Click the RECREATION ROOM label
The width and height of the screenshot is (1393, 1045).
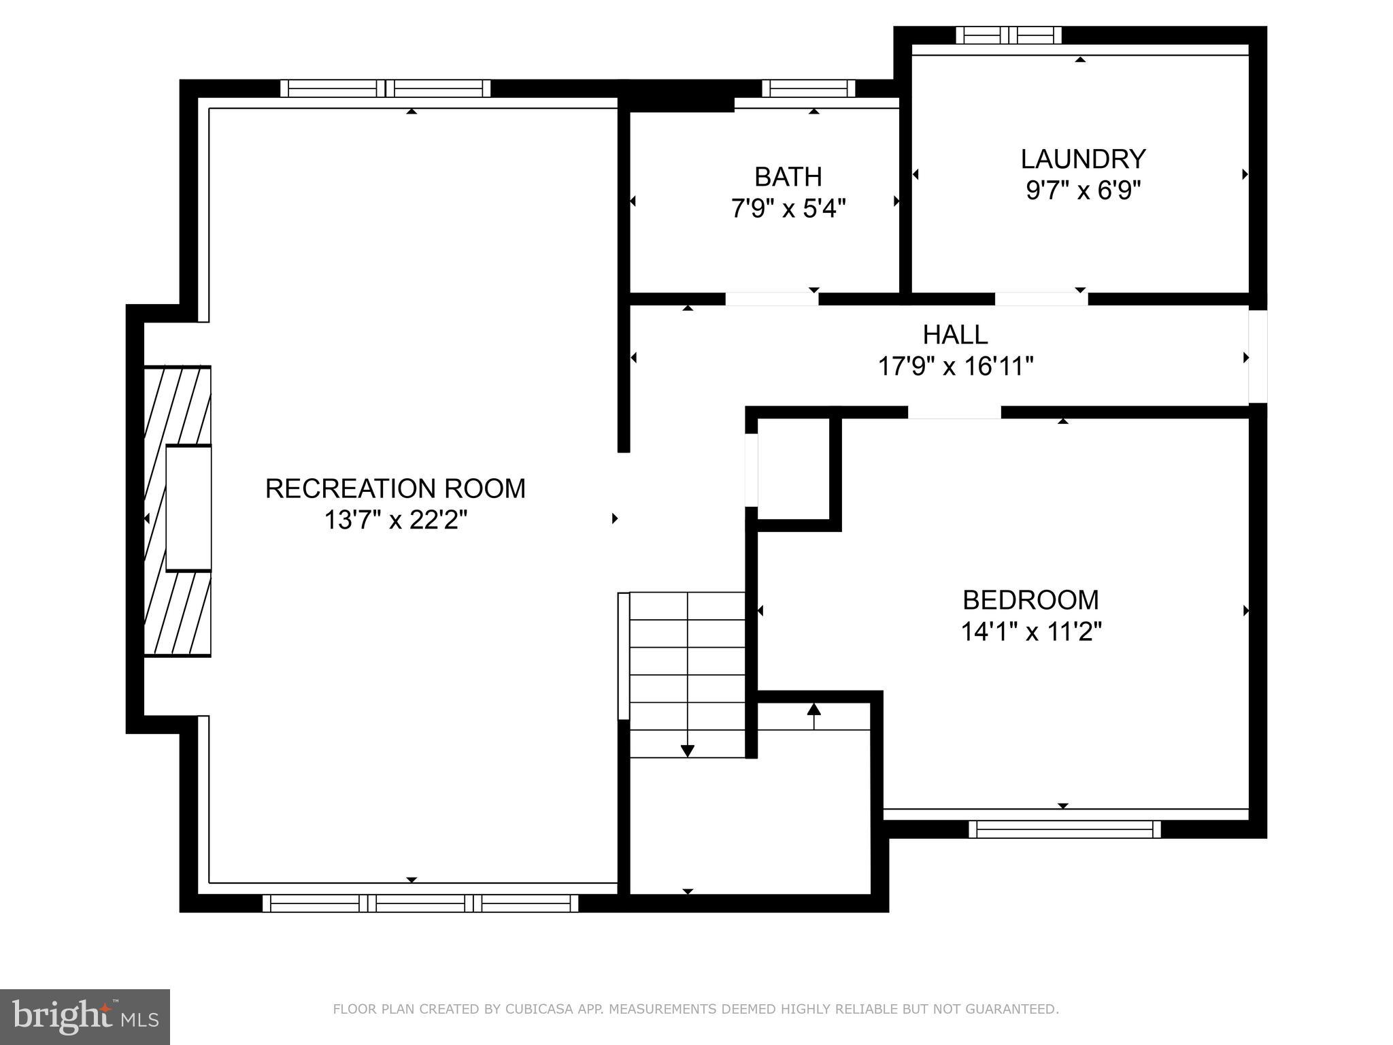[395, 488]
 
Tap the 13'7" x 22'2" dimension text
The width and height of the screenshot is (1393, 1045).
[395, 520]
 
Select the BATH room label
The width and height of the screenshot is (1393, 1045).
[788, 177]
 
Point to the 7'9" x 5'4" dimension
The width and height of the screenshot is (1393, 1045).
[788, 208]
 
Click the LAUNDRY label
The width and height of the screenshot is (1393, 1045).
[1083, 159]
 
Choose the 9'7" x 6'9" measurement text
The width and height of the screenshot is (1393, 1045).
[1083, 190]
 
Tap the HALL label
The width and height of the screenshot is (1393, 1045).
[955, 335]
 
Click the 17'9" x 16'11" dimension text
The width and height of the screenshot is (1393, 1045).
[955, 367]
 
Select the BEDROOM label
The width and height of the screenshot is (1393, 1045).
[1030, 600]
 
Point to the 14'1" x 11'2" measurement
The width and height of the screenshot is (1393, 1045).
[1030, 632]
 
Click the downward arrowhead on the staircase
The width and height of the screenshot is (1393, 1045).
[687, 750]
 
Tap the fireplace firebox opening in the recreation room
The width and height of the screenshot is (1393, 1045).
[188, 508]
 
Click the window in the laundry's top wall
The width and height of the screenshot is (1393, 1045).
[1009, 35]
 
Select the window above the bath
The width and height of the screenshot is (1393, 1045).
[808, 88]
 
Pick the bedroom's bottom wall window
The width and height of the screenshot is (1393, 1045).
[1064, 829]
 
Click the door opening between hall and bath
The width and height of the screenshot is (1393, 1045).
[771, 299]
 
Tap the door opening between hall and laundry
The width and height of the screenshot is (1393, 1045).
[1041, 299]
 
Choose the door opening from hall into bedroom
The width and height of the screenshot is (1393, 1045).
[954, 412]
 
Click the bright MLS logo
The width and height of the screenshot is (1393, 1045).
[84, 1016]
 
